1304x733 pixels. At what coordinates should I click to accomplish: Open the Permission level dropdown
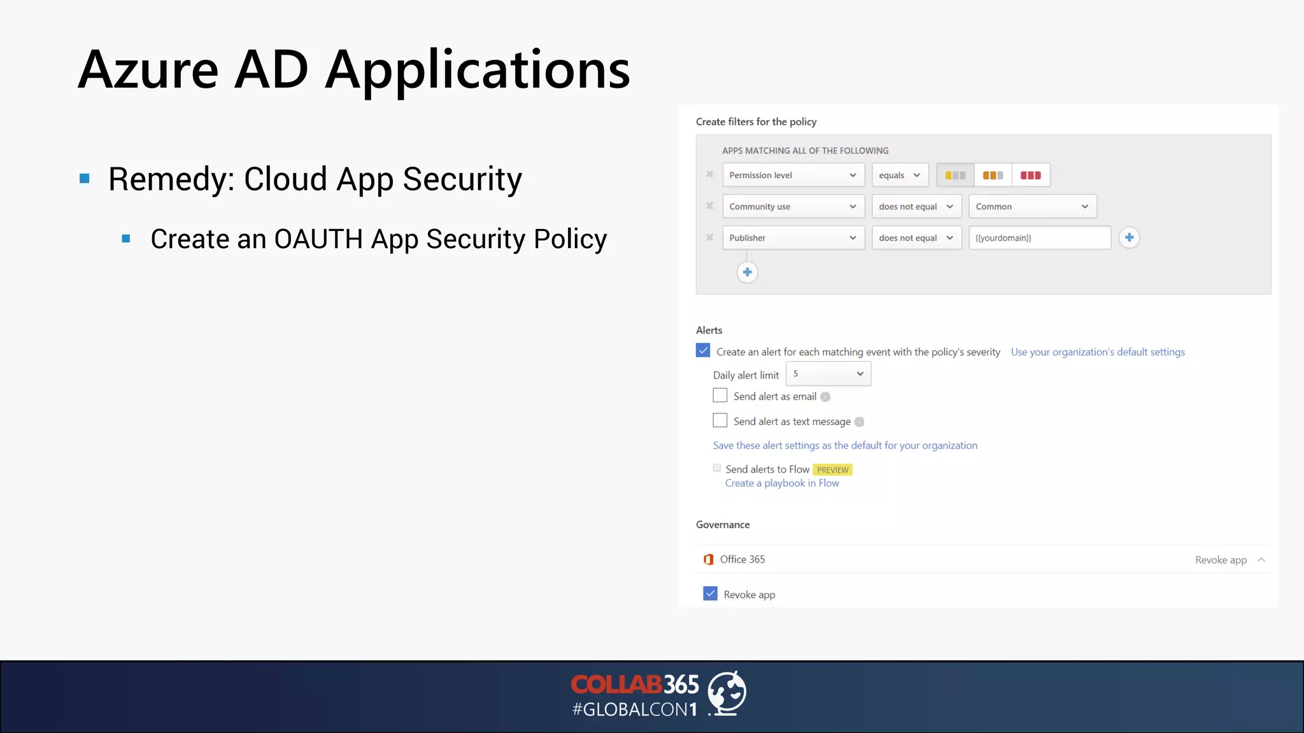tap(793, 175)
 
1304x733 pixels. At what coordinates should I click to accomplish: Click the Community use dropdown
tap(793, 206)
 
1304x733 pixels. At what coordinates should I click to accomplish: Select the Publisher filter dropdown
tap(793, 238)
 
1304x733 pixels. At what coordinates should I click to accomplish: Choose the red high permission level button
tap(1030, 175)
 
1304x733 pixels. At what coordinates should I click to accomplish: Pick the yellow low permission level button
tap(955, 175)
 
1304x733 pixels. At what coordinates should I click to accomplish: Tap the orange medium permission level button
tap(993, 175)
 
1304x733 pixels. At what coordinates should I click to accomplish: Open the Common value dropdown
tap(1032, 206)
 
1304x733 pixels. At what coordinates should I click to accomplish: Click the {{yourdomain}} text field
tap(1039, 238)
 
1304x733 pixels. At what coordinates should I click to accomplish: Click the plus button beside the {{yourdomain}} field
tap(1129, 237)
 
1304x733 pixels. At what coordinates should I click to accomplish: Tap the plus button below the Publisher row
tap(747, 272)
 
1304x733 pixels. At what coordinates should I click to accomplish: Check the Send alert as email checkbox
tap(720, 396)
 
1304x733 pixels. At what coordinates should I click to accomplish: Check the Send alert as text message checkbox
tap(720, 421)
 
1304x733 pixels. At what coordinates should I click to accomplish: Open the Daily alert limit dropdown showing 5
tap(828, 374)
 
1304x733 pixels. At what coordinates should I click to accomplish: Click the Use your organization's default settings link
tap(1098, 352)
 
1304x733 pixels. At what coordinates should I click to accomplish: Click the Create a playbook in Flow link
tap(782, 484)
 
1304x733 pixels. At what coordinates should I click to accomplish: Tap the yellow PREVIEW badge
tap(832, 470)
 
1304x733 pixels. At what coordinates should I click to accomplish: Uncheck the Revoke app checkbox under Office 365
tap(710, 594)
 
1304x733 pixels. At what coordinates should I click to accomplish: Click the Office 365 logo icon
tap(708, 559)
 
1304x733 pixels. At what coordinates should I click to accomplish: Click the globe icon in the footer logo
tap(727, 692)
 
